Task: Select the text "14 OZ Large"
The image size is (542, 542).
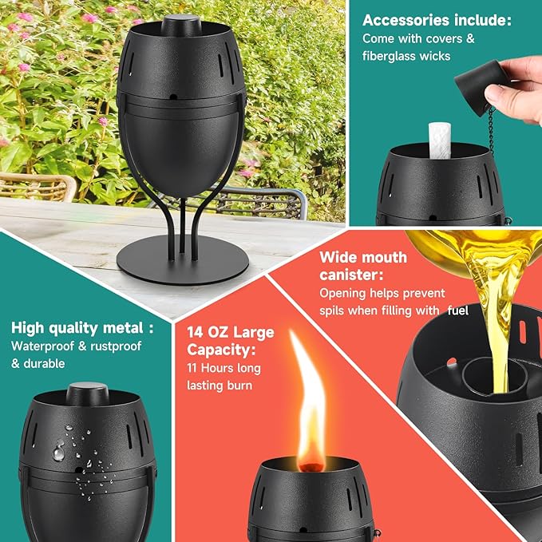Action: click(231, 331)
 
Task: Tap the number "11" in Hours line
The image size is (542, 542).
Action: click(194, 368)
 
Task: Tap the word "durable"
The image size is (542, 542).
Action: click(49, 363)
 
